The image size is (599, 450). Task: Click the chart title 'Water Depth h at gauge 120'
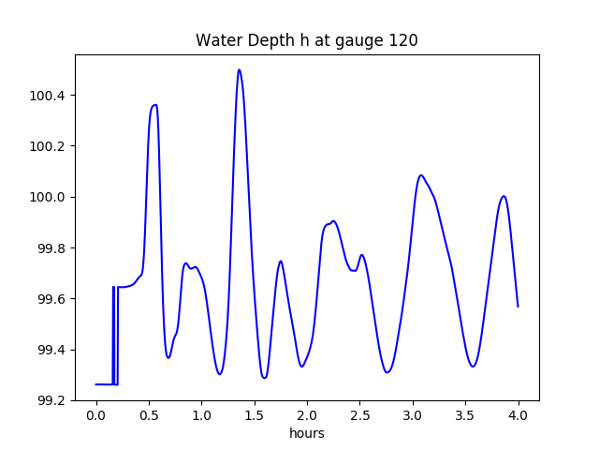point(306,40)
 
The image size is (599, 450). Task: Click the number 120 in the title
point(403,40)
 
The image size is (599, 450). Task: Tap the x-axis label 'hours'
point(306,433)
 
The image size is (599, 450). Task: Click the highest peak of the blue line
point(239,69)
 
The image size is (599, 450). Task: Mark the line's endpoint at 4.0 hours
point(518,307)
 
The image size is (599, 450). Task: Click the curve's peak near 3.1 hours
point(421,175)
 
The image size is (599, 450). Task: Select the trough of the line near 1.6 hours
point(265,378)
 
